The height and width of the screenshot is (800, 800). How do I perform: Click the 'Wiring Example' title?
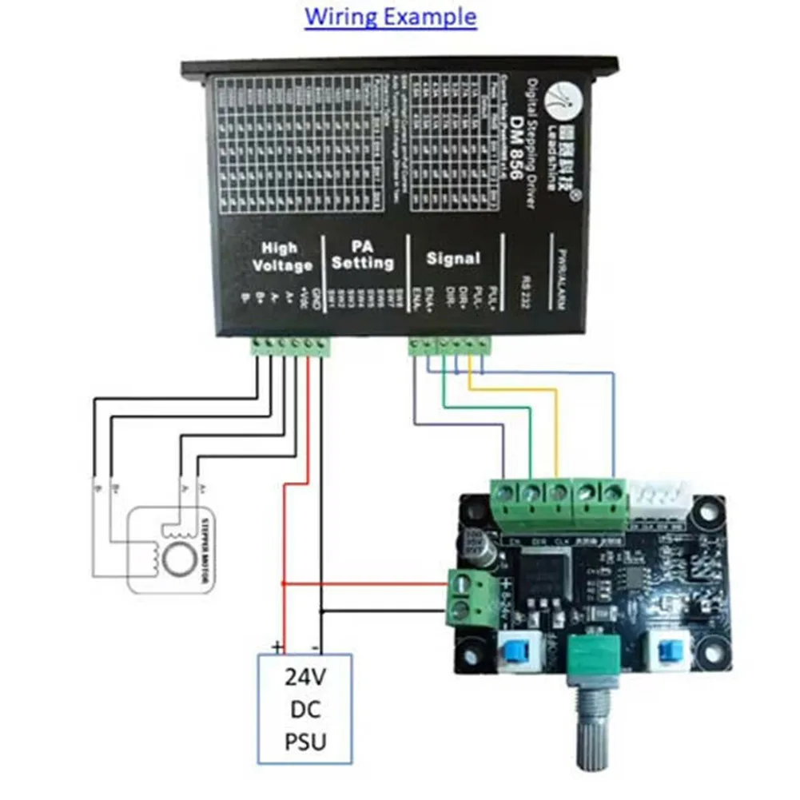tap(391, 17)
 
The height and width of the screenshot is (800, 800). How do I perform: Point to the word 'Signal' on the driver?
tap(453, 258)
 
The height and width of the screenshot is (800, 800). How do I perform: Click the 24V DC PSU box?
tap(304, 706)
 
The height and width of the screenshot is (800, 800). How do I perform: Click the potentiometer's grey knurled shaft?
tap(594, 726)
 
